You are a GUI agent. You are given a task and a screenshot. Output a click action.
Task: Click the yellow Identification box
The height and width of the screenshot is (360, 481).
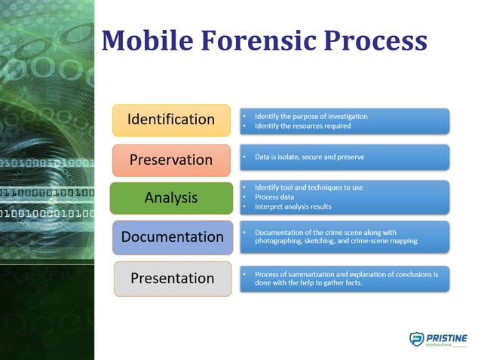[171, 120]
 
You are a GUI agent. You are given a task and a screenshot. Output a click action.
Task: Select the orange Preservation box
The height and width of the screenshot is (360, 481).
[171, 160]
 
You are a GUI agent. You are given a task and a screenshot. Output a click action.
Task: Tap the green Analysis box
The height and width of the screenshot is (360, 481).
[171, 198]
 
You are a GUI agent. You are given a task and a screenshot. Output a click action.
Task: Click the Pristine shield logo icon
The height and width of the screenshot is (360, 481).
[416, 340]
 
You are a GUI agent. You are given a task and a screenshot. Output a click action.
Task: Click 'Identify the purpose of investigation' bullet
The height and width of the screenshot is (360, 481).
[311, 116]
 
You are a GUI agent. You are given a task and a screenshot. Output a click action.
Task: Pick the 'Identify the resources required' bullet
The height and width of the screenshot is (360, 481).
[302, 126]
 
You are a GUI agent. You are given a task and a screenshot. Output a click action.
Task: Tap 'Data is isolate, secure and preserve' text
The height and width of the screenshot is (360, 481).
[309, 157]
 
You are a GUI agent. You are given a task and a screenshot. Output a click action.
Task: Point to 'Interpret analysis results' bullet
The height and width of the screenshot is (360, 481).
[293, 206]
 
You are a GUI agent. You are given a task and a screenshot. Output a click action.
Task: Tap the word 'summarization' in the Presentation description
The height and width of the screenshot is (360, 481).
[312, 274]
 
